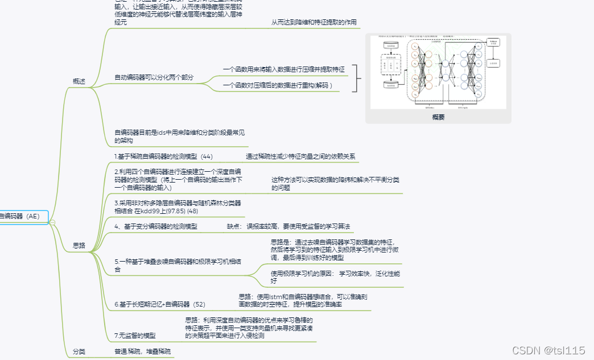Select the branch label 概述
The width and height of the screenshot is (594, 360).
(x=79, y=82)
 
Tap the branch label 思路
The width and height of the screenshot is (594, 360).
(x=79, y=246)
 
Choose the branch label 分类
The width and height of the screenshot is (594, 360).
(x=79, y=351)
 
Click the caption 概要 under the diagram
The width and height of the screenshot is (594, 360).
(x=438, y=117)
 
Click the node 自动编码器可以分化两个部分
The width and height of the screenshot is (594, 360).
(x=154, y=77)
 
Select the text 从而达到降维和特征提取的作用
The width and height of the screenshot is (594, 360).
(x=313, y=22)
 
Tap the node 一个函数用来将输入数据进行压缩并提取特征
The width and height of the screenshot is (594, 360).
(x=283, y=69)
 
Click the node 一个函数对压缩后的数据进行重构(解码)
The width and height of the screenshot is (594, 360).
(x=278, y=85)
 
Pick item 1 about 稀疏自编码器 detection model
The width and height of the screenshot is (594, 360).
(x=163, y=156)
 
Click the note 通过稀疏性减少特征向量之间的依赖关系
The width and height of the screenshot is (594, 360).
(x=300, y=156)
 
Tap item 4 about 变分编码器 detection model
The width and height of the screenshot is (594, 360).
(x=156, y=226)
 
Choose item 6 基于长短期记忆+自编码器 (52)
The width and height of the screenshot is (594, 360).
(x=160, y=304)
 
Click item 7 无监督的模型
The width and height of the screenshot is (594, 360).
(x=135, y=336)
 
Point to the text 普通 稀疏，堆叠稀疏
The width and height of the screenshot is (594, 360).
(x=142, y=351)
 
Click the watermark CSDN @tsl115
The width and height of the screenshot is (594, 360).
(x=548, y=350)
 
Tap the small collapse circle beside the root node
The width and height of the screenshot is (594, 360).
(x=52, y=222)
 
